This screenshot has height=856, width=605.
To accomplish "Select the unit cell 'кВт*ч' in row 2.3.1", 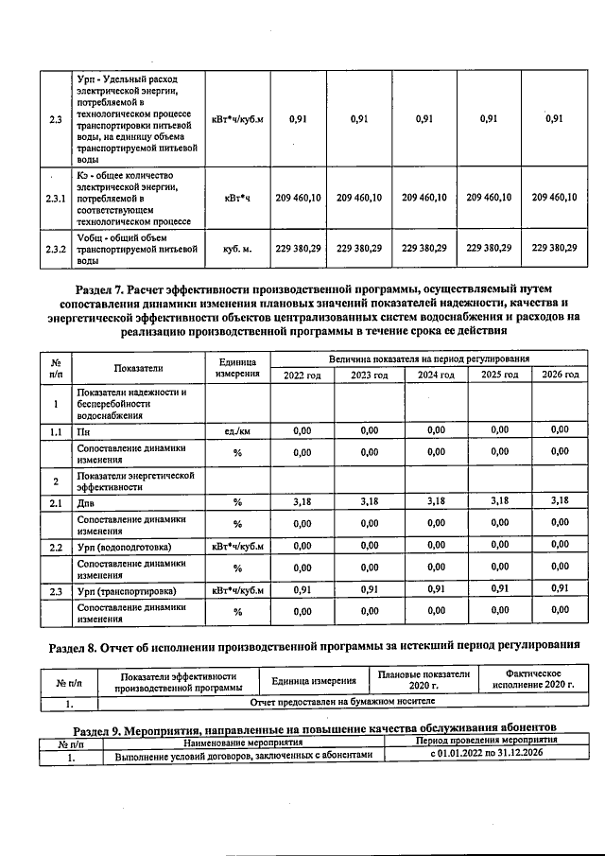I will click(236, 198).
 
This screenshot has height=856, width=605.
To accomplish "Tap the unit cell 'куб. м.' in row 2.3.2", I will click(236, 248).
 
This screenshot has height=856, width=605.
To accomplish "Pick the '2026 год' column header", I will click(559, 376).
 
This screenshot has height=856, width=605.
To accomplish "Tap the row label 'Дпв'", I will click(87, 502).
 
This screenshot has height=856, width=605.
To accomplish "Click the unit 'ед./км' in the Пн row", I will click(237, 430).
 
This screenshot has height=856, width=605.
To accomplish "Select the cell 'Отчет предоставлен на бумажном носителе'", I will click(341, 703).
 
